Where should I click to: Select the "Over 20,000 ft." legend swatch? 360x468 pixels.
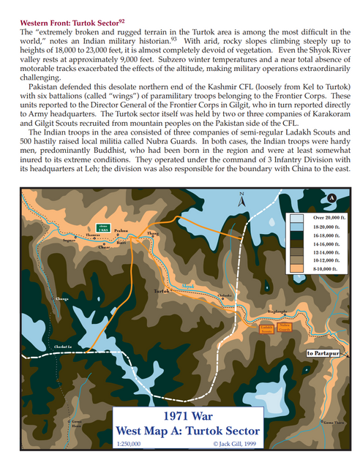[298, 218]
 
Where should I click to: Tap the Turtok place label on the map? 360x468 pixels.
[162, 291]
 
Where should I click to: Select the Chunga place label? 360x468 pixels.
[61, 299]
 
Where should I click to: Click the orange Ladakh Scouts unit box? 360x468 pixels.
[267, 328]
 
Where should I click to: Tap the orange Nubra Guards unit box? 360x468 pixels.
[285, 328]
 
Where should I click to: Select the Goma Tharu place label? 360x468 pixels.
[332, 423]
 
